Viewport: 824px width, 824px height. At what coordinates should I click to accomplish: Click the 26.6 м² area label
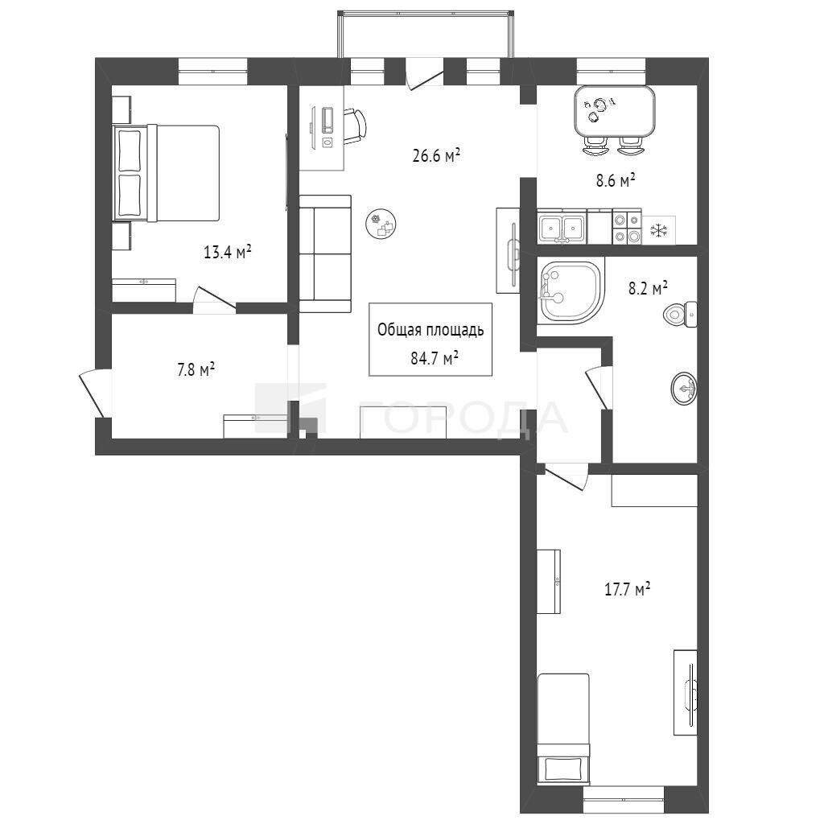pyautogui.click(x=437, y=155)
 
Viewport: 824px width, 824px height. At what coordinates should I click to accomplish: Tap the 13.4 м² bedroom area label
pyautogui.click(x=227, y=252)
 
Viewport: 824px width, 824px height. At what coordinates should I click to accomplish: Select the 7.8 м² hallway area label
pyautogui.click(x=196, y=369)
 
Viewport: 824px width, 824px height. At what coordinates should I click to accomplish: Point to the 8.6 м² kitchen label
pyautogui.click(x=616, y=181)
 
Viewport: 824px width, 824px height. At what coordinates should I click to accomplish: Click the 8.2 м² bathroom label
pyautogui.click(x=649, y=288)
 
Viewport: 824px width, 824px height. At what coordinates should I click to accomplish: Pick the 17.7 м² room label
pyautogui.click(x=628, y=589)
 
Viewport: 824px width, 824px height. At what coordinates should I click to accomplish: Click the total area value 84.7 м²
pyautogui.click(x=435, y=358)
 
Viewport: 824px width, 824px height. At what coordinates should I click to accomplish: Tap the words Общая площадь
pyautogui.click(x=431, y=330)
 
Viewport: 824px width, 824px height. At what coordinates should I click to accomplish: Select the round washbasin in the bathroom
pyautogui.click(x=684, y=389)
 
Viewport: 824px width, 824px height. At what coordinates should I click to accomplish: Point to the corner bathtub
pyautogui.click(x=571, y=290)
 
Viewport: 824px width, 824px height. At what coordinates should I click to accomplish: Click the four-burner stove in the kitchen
pyautogui.click(x=627, y=226)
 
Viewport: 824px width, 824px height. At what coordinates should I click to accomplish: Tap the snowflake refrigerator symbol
pyautogui.click(x=658, y=230)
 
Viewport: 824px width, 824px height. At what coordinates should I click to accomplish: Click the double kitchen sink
pyautogui.click(x=562, y=226)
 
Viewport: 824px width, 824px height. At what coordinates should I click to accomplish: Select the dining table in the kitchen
pyautogui.click(x=614, y=111)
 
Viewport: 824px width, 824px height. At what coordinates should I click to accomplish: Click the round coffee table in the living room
pyautogui.click(x=381, y=223)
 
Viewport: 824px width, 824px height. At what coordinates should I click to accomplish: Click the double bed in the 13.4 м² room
pyautogui.click(x=166, y=173)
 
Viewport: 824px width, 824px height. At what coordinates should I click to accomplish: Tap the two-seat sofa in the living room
pyautogui.click(x=325, y=253)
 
